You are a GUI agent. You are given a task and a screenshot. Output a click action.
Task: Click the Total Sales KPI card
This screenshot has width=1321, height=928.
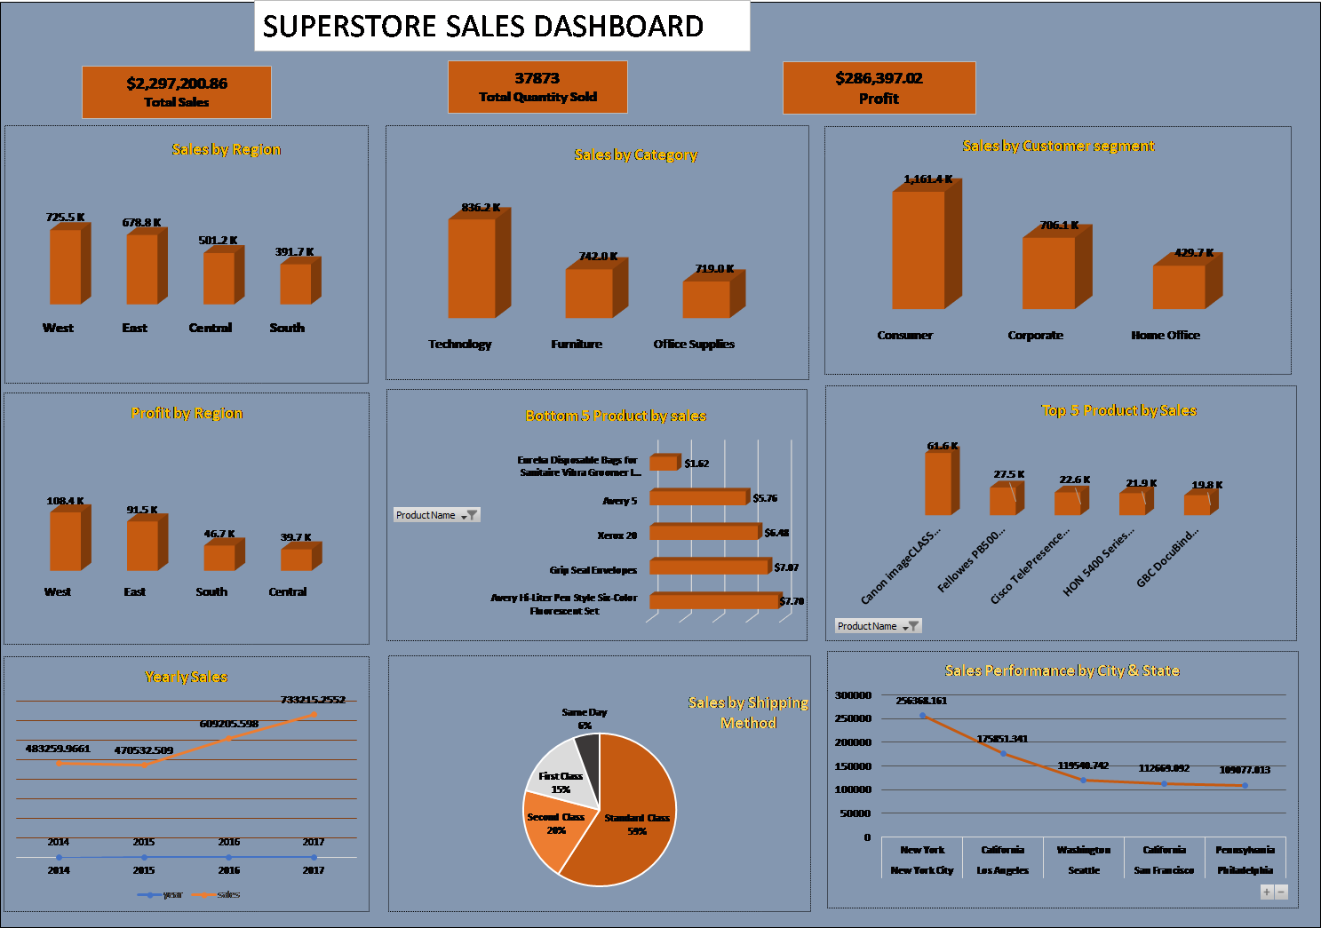pos(177,91)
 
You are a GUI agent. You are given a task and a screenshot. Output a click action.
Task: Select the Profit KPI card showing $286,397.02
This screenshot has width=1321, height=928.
pos(879,88)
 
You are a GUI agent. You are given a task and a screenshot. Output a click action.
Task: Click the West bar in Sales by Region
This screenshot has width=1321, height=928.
pos(66,266)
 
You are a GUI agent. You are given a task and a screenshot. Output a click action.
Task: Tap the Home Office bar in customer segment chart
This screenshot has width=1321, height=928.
pos(1180,286)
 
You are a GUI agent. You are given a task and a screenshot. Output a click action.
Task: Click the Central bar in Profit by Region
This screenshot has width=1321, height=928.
pos(297,559)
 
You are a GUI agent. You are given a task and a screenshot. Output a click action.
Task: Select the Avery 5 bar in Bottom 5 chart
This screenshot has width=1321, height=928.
pos(698,497)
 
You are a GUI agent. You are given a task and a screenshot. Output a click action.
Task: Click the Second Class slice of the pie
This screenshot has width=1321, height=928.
pos(553,830)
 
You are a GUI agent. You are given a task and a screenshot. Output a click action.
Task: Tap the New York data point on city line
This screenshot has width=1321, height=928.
pos(922,715)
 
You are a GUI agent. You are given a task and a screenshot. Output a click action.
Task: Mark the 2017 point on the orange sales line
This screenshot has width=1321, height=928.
pos(314,714)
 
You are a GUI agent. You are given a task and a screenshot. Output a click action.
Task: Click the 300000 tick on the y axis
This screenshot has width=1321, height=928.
pos(853,695)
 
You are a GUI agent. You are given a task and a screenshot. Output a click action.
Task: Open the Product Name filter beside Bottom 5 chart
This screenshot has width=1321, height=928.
pos(437,515)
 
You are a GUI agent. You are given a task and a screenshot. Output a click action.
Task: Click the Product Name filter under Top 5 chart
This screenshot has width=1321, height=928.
pos(878,626)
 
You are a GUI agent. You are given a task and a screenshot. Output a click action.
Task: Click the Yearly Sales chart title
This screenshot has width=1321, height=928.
pos(187,677)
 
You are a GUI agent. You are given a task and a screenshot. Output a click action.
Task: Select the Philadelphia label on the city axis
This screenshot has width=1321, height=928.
pos(1245,870)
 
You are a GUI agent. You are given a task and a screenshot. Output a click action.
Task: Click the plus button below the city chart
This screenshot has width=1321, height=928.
pos(1267,892)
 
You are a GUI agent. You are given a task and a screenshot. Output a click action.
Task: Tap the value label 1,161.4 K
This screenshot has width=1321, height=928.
pos(927,179)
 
